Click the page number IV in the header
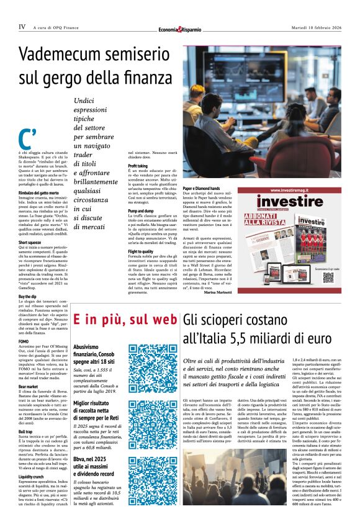pos(22,27)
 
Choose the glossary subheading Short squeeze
pos(30,243)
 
